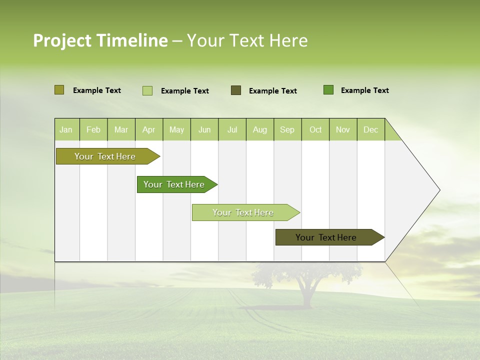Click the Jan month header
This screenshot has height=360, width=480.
66,129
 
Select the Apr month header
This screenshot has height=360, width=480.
149,129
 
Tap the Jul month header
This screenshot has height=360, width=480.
232,129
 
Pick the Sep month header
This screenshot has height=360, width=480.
287,129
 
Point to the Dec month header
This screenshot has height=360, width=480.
370,129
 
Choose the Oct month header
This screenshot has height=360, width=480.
315,129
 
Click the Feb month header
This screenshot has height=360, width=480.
93,129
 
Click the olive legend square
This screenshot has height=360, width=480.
59,90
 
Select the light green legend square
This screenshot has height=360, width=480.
147,90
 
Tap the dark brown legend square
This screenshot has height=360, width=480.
236,90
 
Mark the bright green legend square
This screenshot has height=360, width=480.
328,90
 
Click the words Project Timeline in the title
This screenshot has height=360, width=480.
100,40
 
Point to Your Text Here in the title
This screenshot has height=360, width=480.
247,40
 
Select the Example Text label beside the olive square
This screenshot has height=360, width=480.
97,90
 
